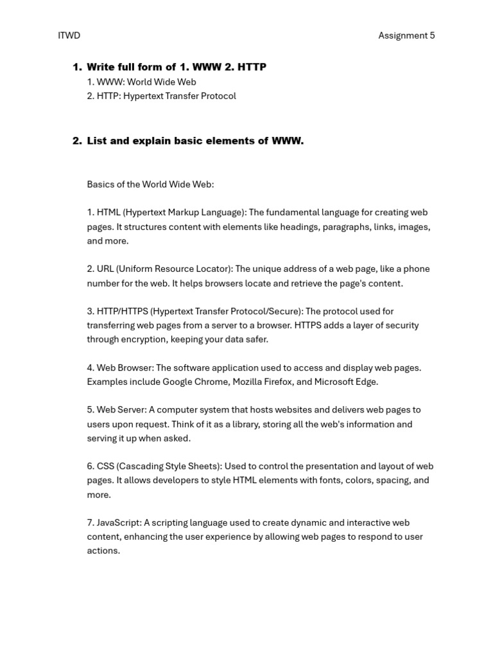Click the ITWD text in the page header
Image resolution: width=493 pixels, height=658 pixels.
point(69,35)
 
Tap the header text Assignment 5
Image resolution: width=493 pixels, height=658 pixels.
point(406,35)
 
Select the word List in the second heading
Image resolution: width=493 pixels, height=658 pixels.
point(97,141)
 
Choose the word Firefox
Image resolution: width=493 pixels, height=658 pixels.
point(276,382)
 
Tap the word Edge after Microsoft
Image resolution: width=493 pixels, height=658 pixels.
point(366,382)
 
